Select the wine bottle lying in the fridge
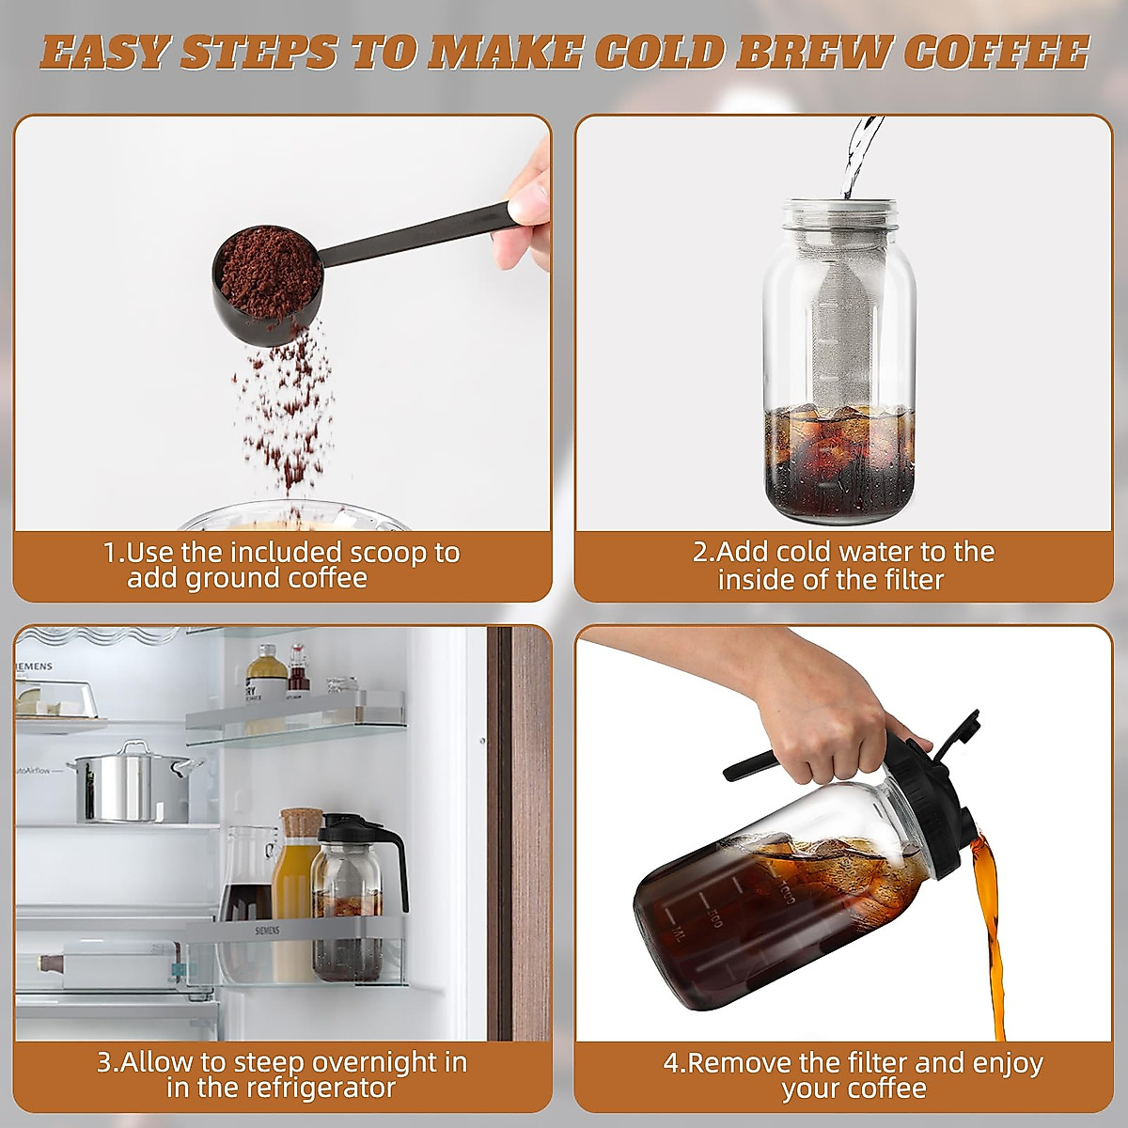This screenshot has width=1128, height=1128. pos(103,964)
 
